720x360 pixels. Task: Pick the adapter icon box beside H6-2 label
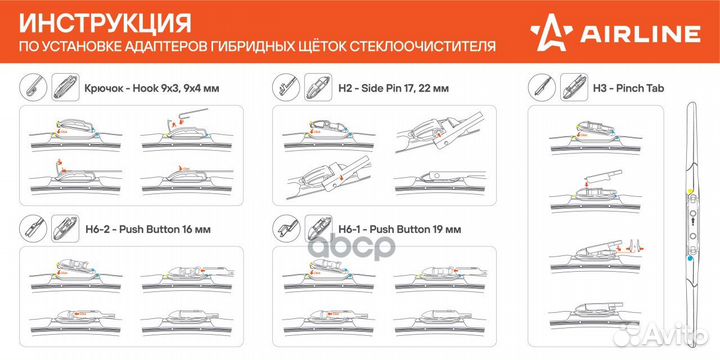click(62, 229)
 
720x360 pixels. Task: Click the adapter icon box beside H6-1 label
click(319, 229)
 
